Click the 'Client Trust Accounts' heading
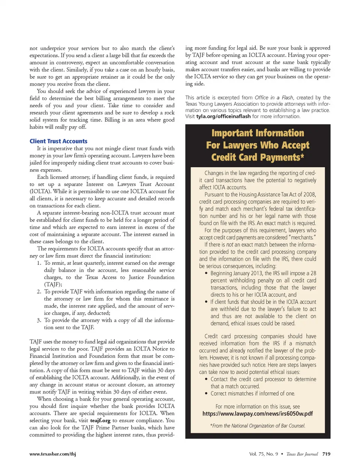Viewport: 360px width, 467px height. [58, 141]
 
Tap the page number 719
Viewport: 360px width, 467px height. [326, 454]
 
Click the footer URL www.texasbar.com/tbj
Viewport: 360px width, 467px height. [52, 454]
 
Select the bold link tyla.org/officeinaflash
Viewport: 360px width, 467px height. [223, 116]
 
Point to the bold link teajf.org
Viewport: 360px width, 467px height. [100, 420]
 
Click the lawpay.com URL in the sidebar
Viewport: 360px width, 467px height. [258, 413]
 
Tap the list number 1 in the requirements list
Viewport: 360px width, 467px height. [39, 263]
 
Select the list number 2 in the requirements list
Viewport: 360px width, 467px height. [39, 291]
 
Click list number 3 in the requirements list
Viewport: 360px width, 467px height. [39, 320]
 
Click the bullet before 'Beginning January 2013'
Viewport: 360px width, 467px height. [206, 273]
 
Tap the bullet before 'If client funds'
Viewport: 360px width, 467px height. [206, 302]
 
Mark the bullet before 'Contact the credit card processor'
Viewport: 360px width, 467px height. [206, 379]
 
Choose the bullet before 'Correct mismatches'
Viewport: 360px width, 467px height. [206, 393]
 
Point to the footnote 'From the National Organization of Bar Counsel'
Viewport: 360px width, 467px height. [258, 426]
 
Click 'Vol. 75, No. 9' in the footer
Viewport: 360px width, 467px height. [264, 454]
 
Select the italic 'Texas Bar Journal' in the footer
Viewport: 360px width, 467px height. [302, 454]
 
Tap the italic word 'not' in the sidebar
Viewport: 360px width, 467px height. [229, 245]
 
